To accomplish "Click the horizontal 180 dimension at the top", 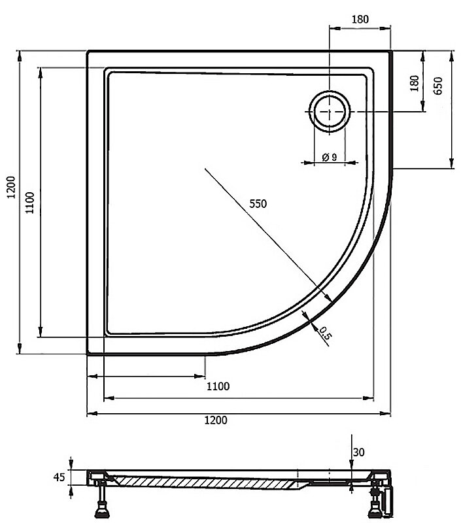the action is (360, 20).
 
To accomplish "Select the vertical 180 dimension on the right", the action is (414, 84).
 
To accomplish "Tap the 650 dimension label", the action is (438, 86).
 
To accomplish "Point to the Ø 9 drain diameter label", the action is (330, 156).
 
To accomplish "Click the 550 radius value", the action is (258, 203).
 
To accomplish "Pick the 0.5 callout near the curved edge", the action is (324, 333).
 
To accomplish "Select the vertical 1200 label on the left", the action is (11, 187).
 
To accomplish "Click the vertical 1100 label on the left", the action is (30, 203).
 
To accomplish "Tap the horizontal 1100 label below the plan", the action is (218, 386).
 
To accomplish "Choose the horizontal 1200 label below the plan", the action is (216, 420).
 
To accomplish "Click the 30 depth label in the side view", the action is (358, 452).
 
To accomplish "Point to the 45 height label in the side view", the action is (59, 477).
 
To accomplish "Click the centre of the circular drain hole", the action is (330, 111).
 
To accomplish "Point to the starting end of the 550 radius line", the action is (205, 169).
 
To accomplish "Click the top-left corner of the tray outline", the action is (88, 51).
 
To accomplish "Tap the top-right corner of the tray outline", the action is (391, 51).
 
